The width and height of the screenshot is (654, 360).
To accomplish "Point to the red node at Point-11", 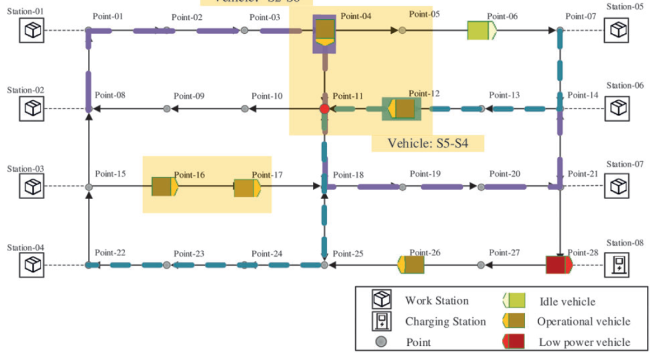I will point(324,109).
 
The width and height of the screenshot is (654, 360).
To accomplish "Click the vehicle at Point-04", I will point(325,32).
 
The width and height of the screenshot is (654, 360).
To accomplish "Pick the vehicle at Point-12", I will point(402,109).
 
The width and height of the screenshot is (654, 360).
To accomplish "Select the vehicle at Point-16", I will point(165,186).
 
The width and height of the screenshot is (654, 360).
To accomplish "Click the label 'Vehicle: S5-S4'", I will point(428,144).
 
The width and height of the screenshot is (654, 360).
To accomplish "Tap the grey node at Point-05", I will point(402,30).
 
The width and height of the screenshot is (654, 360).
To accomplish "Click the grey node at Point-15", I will point(89,187).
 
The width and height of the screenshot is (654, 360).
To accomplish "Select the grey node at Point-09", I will point(167,109).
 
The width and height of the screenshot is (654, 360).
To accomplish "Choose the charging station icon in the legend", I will point(382,322).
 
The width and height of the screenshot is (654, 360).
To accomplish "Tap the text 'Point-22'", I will point(110,253).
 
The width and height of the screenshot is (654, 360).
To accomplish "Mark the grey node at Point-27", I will point(480,265).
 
